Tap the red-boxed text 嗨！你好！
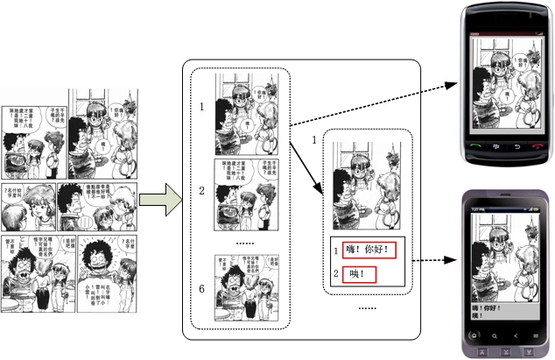pos(369,251)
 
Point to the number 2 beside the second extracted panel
pos(201,190)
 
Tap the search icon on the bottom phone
pos(495,335)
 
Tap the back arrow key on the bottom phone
pos(516,335)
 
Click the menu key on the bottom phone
pos(535,335)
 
